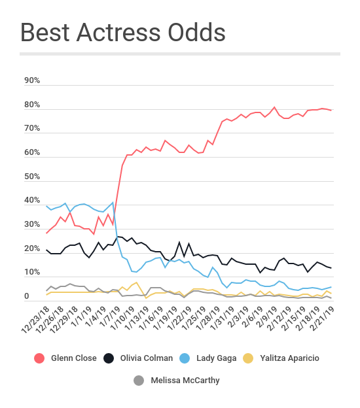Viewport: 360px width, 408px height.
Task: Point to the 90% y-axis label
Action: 32,80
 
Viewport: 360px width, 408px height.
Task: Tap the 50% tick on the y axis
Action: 32,177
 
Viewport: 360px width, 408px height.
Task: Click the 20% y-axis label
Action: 32,248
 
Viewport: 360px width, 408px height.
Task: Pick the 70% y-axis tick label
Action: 32,129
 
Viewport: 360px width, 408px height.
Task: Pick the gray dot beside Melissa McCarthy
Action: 139,381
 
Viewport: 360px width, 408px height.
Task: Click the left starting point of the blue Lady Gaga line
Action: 46,206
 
